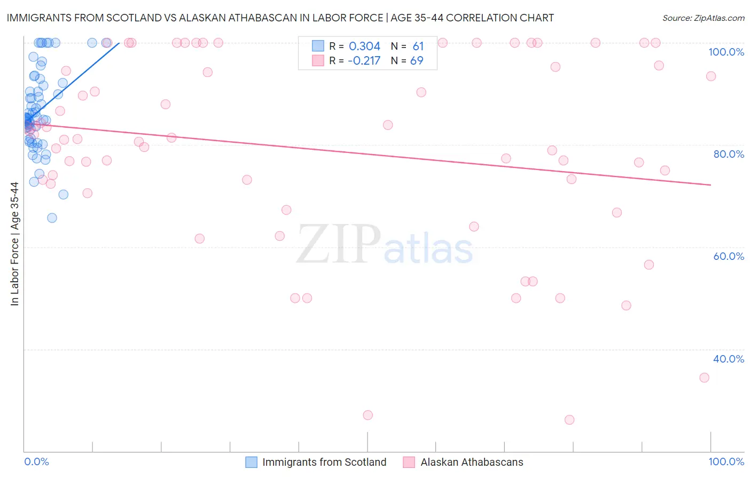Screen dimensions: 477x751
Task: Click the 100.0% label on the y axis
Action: (x=726, y=52)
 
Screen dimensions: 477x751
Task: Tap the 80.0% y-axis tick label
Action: (x=729, y=154)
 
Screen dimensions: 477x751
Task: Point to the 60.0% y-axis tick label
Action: (x=729, y=256)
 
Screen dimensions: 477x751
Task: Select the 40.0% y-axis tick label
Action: (x=729, y=359)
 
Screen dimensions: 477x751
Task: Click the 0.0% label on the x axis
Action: (x=36, y=461)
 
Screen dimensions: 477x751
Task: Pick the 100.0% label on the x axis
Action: (x=726, y=461)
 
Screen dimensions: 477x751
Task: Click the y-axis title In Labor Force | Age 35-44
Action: (x=14, y=244)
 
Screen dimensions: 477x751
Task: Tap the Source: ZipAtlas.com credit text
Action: (x=703, y=18)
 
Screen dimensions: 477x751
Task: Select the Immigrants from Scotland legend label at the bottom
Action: (x=324, y=462)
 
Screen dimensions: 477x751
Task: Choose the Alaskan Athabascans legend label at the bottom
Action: (x=472, y=462)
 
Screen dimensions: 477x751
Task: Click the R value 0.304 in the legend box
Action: (x=364, y=47)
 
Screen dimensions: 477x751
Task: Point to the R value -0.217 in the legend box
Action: (x=364, y=61)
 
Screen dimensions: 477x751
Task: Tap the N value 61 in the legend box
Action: (x=418, y=47)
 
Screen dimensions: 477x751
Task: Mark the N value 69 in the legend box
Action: (x=417, y=61)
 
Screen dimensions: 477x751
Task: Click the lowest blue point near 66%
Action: (x=52, y=218)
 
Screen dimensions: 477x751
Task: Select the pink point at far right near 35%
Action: (x=704, y=378)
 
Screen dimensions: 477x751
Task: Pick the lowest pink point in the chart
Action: (x=569, y=420)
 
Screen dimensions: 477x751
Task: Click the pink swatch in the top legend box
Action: (x=318, y=60)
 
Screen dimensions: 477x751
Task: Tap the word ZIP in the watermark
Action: (x=339, y=244)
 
